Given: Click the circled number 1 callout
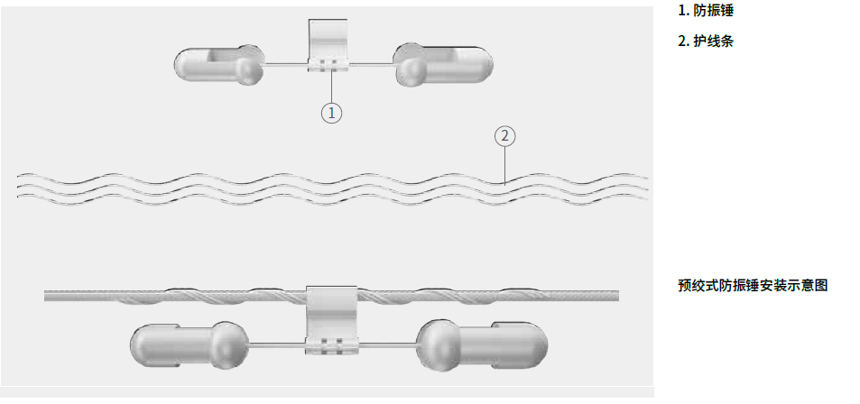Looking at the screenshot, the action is (x=331, y=113).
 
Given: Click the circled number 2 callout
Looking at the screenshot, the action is (x=505, y=136).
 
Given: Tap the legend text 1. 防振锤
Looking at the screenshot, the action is (x=706, y=11).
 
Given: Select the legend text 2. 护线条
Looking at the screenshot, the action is (x=706, y=41).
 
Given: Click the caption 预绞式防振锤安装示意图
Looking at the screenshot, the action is (x=753, y=285).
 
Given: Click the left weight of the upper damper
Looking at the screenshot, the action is (x=219, y=65).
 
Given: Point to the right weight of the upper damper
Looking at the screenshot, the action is (x=444, y=64).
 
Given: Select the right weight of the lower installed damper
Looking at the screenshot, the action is (x=482, y=345).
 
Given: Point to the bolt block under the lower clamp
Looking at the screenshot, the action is (x=332, y=347).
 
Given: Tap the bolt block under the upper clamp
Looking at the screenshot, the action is (x=328, y=66).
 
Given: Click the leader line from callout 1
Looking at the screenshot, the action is (x=331, y=85).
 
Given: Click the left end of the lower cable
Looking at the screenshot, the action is (x=45, y=296).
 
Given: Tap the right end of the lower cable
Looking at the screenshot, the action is (x=618, y=296).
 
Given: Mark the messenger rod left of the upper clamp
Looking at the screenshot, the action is (x=286, y=65).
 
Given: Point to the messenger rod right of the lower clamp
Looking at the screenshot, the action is (x=388, y=345).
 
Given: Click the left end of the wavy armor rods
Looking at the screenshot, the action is (x=18, y=188).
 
